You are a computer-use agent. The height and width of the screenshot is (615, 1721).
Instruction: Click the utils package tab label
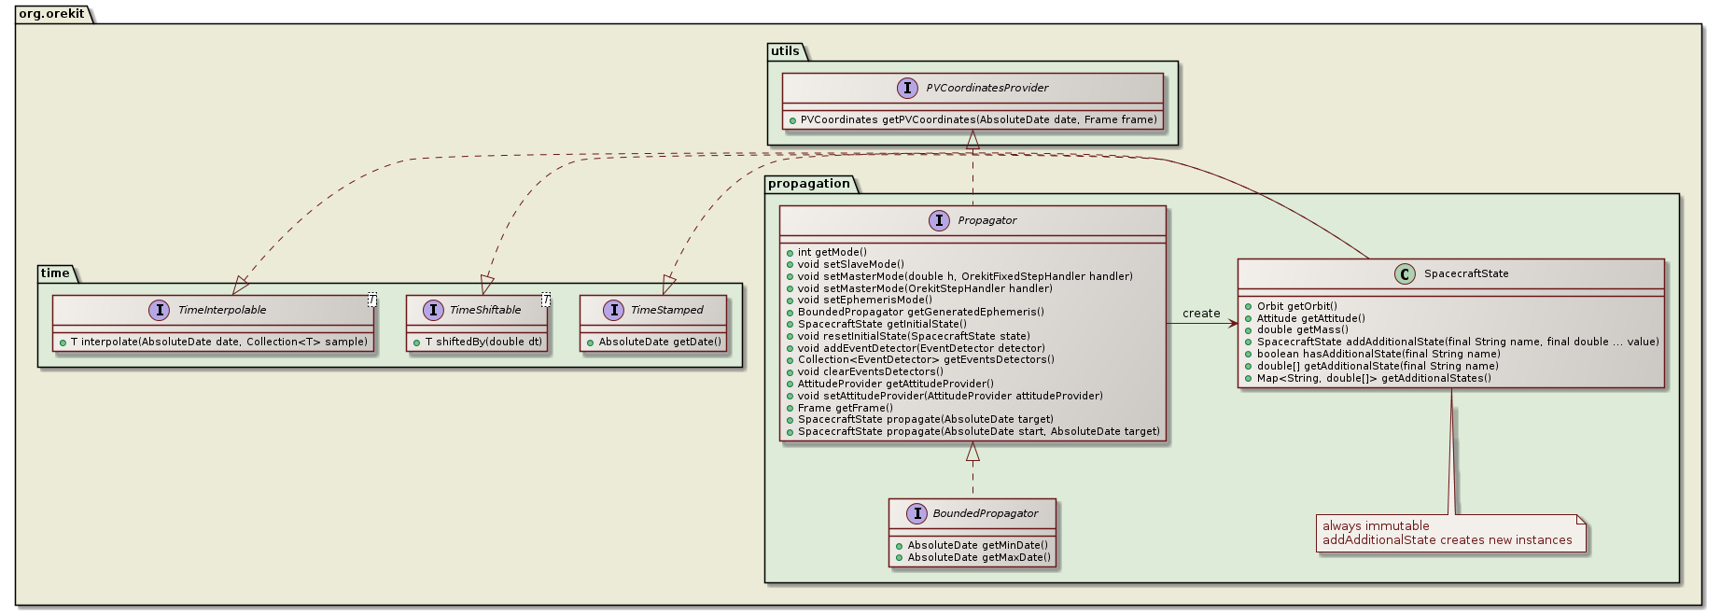point(785,51)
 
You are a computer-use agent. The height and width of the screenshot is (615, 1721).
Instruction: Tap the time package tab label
point(55,273)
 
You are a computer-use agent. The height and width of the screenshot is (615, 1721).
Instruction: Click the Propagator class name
point(986,221)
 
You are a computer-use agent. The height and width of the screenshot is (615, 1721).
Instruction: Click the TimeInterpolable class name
point(222,310)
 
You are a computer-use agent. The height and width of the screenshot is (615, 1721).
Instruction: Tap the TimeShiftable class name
point(485,310)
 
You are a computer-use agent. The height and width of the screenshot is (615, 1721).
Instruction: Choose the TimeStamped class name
point(666,310)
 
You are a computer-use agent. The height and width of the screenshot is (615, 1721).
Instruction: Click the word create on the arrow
point(1200,314)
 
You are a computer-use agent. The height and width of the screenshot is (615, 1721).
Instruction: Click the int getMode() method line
point(832,252)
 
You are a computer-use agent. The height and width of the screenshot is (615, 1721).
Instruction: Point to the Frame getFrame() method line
point(845,408)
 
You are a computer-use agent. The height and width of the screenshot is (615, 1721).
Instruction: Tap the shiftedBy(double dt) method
point(483,342)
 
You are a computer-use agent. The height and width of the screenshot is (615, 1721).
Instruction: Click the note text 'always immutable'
point(1375,526)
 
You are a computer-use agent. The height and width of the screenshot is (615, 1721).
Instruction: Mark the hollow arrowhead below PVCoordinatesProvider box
point(972,140)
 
